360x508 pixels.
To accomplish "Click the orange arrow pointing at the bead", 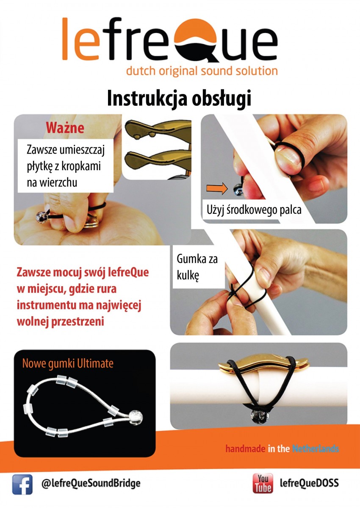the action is [x=217, y=188].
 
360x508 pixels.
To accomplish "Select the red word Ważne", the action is [x=65, y=128].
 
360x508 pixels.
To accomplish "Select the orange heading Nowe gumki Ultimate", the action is [x=68, y=364].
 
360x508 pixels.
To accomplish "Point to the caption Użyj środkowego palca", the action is [x=254, y=210].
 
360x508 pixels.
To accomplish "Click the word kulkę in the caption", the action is [x=188, y=276].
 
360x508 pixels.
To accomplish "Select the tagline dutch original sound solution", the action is [x=202, y=71].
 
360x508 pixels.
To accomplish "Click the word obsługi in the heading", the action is [x=222, y=98].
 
